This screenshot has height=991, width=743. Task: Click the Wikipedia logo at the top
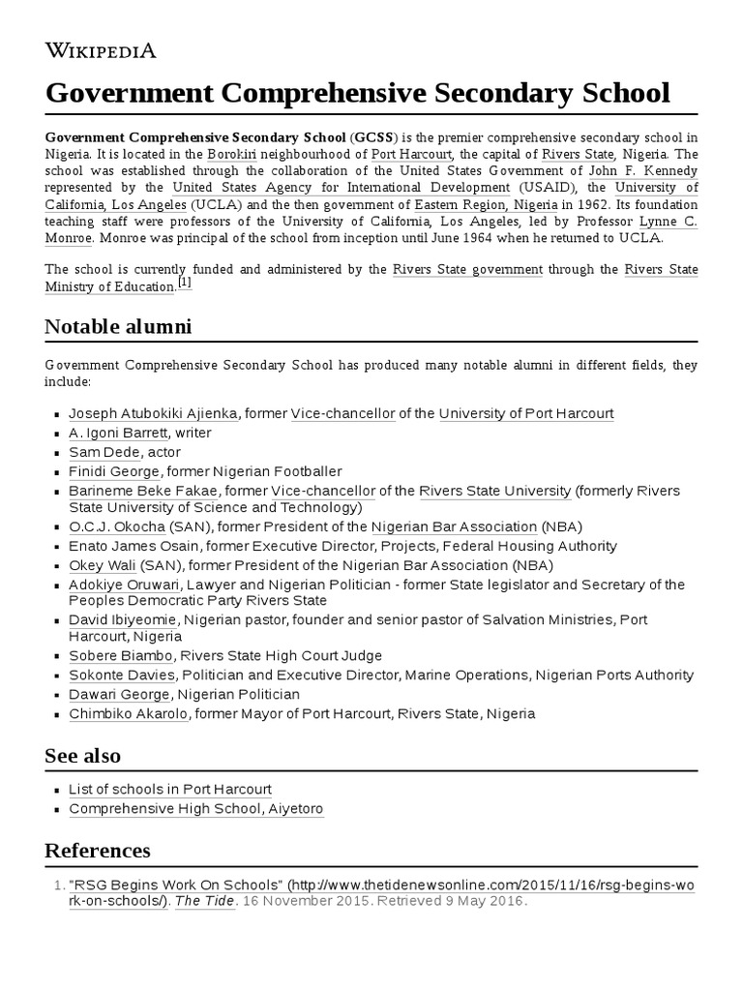click(x=101, y=50)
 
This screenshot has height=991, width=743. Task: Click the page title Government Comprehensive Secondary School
click(x=357, y=93)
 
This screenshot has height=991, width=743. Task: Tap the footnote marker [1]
click(x=185, y=283)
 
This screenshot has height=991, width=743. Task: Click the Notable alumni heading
click(x=118, y=327)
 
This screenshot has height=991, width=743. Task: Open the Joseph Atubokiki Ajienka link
click(x=153, y=413)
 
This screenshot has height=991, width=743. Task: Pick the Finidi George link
click(x=114, y=471)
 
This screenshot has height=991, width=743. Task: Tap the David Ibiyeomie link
click(x=122, y=619)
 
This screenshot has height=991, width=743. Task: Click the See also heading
click(x=83, y=755)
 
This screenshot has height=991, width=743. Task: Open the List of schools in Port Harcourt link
click(x=170, y=789)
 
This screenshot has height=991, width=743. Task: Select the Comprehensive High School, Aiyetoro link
click(x=195, y=808)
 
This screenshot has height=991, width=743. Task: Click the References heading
click(x=98, y=851)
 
